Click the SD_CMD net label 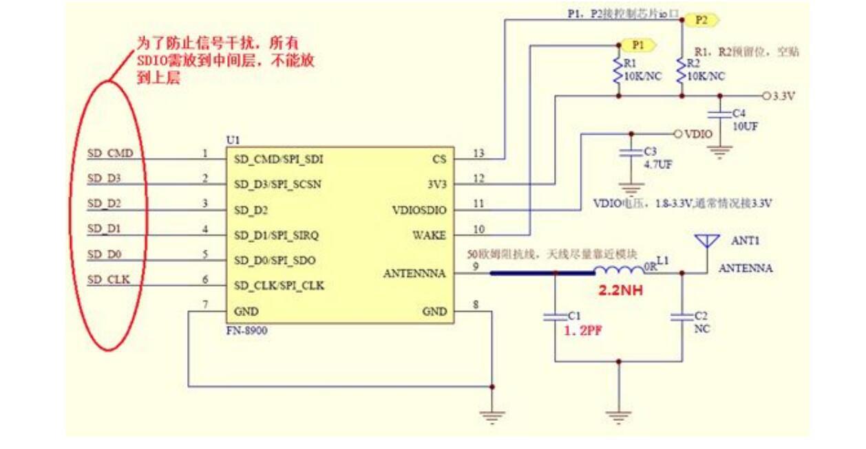[110, 153]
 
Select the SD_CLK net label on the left [109, 279]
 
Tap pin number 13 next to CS [479, 153]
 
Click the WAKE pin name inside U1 [429, 235]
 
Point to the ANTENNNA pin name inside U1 [414, 274]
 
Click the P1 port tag [639, 45]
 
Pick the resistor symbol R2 [682, 71]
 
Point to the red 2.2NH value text [620, 291]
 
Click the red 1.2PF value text [584, 330]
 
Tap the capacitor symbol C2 [682, 317]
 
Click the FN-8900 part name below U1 [246, 331]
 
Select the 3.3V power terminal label [783, 96]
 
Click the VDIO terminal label [698, 133]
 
